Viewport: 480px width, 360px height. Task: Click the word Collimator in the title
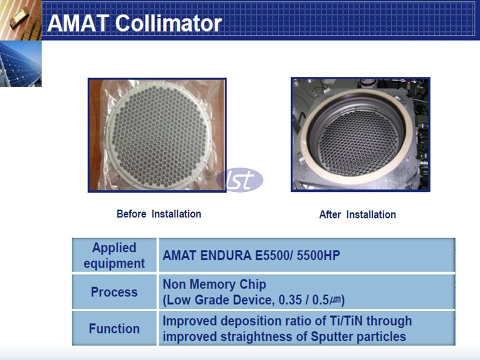click(x=168, y=23)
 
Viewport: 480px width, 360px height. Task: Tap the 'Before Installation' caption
click(x=158, y=214)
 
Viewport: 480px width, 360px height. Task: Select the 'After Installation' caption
click(x=357, y=214)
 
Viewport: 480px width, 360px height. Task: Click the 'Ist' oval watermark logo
click(x=239, y=180)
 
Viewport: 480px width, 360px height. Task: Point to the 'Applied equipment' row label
click(x=114, y=255)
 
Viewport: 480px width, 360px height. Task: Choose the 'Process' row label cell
click(x=114, y=291)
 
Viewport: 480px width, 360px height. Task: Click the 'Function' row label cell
click(x=114, y=328)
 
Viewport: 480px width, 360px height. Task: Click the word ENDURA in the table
click(x=225, y=255)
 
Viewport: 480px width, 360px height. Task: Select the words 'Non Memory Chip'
click(x=214, y=284)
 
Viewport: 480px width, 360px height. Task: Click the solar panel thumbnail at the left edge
click(x=20, y=64)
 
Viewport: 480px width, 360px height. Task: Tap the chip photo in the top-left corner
click(x=20, y=20)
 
